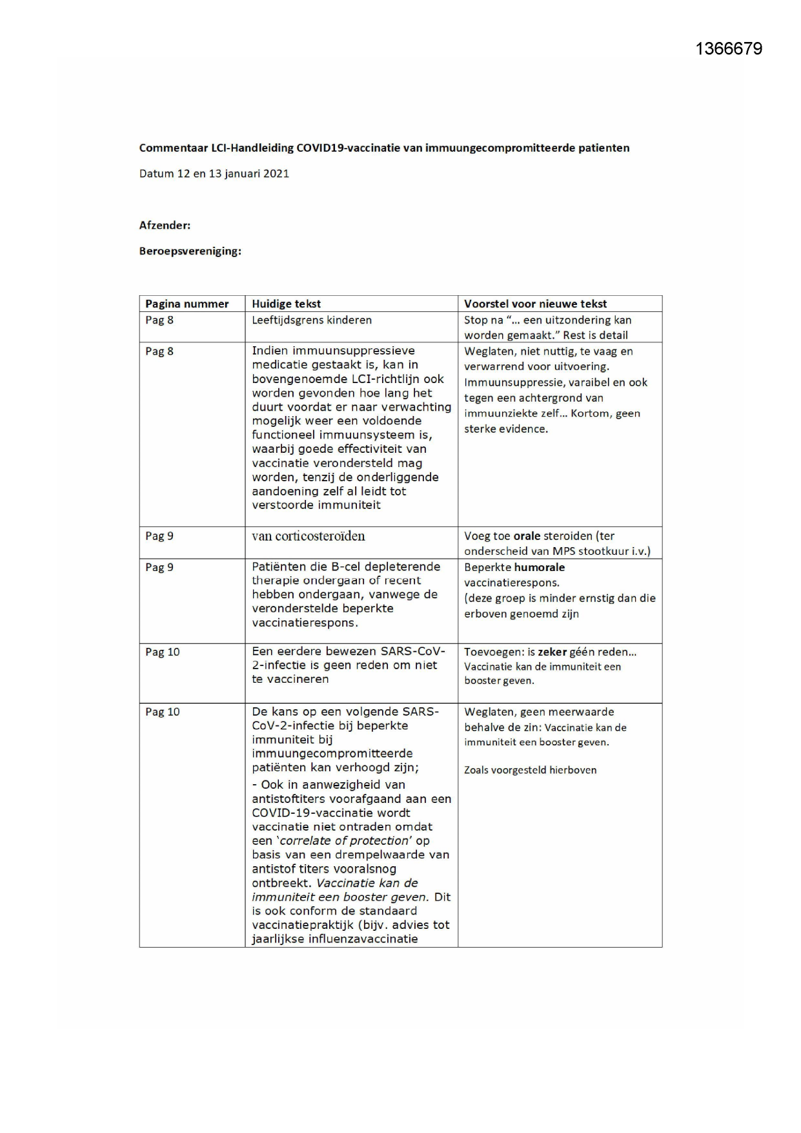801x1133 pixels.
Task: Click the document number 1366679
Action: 729,49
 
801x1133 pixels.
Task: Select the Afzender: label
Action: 165,225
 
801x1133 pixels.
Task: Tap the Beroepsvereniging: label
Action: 190,251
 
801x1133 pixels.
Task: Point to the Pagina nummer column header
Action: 187,304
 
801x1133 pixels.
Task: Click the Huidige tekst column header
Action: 286,304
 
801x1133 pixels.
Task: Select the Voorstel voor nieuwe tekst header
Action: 535,304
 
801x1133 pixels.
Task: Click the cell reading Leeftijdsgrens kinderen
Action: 312,320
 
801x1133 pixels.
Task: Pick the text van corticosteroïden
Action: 308,536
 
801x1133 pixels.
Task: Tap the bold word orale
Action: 527,535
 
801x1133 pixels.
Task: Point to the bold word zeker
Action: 552,652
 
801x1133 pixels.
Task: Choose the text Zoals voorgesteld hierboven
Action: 530,770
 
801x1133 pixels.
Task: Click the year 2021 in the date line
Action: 276,174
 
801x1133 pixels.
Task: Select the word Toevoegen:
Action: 489,652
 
